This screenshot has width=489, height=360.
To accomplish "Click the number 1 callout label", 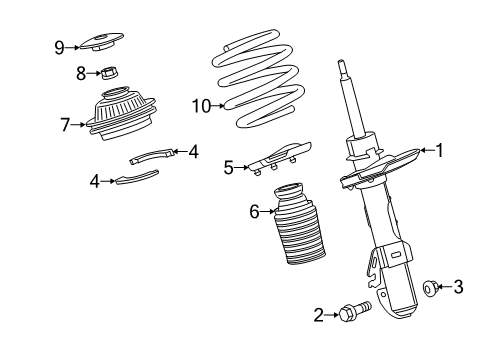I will click(436, 150).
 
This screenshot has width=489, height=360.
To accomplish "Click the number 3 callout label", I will click(458, 288).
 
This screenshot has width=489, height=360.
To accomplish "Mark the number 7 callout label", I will click(64, 125).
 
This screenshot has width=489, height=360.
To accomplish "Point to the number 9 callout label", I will click(59, 46).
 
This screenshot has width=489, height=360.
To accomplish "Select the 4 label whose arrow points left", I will click(193, 152).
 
